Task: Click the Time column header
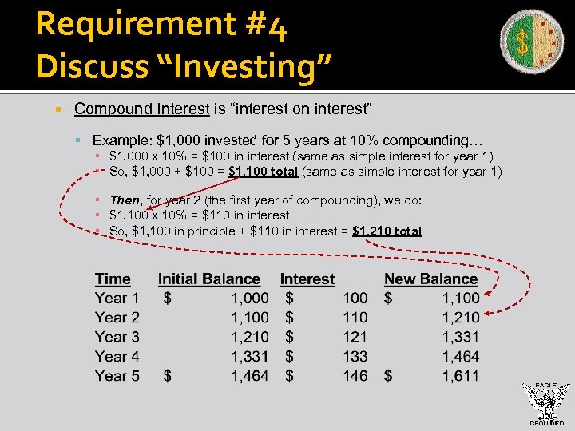pos(113,279)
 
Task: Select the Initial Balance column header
pos(208,279)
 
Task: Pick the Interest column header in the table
pos(307,279)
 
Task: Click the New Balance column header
pos(430,279)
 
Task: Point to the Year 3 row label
pos(117,337)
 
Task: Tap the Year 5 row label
pos(117,375)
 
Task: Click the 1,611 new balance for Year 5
pos(461,375)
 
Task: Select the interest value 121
pos(355,337)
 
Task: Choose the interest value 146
pos(355,375)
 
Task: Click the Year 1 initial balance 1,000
pos(250,298)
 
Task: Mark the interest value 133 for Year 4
pos(355,356)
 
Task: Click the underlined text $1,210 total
pos(387,231)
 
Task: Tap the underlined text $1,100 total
pos(264,172)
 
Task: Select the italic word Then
pos(124,200)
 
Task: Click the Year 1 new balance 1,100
pos(461,298)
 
